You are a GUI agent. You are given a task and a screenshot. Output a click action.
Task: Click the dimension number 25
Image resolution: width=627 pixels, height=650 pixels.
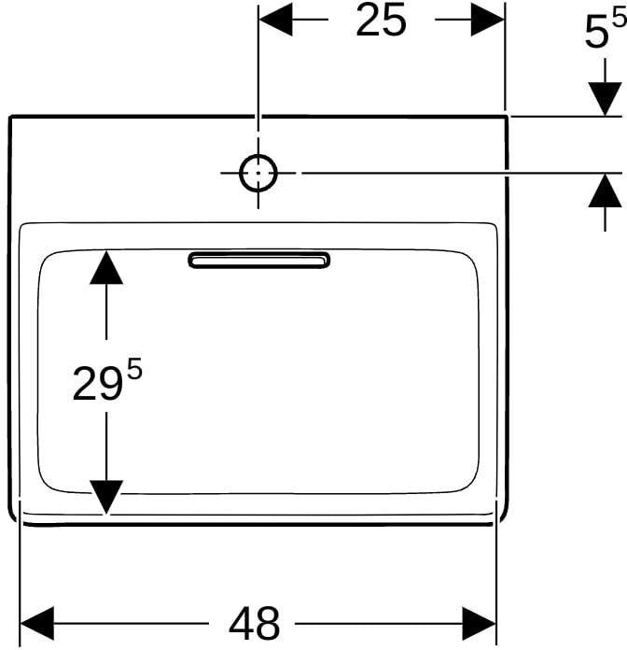pos(381,20)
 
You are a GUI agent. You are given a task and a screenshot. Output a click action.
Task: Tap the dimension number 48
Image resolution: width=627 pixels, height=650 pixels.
pos(255,623)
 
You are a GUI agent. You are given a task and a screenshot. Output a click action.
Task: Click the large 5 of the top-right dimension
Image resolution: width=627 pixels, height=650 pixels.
pos(596,34)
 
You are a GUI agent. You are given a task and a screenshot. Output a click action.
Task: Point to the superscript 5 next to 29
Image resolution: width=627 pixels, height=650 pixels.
pos(134,369)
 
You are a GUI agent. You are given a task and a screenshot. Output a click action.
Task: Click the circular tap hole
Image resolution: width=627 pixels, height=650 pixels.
pos(258,173)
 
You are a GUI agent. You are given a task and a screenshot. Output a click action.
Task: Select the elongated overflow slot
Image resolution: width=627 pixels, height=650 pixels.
pos(259,260)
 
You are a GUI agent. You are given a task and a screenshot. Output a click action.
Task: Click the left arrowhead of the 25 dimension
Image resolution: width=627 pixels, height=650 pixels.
pos(276,20)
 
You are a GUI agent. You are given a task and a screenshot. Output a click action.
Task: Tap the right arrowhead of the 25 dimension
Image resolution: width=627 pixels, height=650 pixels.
pos(487,20)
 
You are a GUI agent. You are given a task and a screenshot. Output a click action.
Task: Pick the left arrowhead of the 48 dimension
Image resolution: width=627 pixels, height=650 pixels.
pos(37,623)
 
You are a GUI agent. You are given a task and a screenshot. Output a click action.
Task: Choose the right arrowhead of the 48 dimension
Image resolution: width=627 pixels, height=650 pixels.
pos(479,623)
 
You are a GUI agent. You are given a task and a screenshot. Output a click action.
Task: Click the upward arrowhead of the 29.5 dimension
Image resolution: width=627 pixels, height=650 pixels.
pos(106,267)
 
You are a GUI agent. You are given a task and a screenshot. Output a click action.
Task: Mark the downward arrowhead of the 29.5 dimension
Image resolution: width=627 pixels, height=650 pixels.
pos(106,497)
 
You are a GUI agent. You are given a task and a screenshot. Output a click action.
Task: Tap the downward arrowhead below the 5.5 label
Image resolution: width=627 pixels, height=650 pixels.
pos(605,99)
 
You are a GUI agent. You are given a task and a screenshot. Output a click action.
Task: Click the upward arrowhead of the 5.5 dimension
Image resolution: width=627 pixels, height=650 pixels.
pos(605,190)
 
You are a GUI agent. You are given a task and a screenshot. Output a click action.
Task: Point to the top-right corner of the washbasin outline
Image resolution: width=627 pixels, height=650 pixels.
pos(507,117)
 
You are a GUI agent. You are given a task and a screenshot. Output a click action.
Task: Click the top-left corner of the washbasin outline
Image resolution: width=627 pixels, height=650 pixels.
pos(10,117)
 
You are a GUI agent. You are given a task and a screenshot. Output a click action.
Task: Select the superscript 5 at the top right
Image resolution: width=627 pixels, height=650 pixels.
pos(620,19)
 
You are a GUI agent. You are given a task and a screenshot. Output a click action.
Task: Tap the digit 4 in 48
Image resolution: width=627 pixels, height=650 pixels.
pos(241,623)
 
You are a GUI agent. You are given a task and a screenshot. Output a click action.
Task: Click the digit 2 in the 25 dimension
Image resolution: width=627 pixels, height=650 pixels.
pos(369,20)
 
